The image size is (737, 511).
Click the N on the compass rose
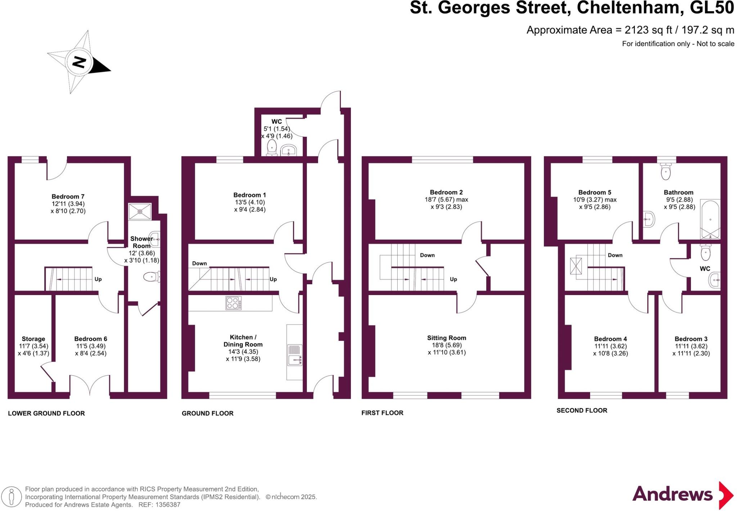79,62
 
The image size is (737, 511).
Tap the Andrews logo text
672,494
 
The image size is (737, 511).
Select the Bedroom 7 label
68,196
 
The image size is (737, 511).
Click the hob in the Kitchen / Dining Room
234,303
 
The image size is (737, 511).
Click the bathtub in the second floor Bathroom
710,219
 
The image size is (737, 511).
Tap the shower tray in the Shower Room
140,212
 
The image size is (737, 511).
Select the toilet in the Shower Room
151,277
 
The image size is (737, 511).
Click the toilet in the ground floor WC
272,148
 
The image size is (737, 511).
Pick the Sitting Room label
447,338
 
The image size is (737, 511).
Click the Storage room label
33,339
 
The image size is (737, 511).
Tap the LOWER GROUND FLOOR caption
46,413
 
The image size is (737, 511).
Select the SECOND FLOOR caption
582,411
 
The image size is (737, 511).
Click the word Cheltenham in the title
630,8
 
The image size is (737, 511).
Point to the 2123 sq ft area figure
648,30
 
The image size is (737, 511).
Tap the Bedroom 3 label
691,339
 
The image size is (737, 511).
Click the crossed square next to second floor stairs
576,266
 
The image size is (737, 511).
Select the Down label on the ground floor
199,263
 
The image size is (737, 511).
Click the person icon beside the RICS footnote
12,497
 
